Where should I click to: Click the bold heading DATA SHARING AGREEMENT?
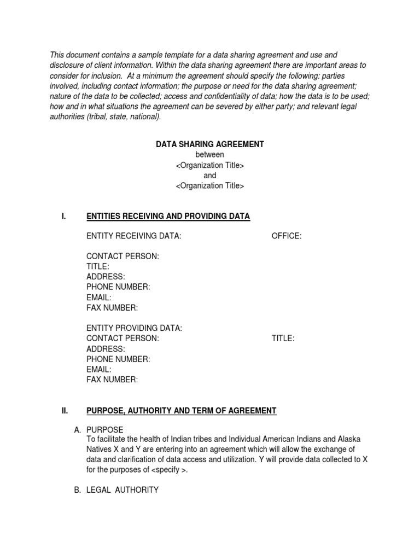click(x=210, y=144)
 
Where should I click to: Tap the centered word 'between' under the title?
click(x=210, y=155)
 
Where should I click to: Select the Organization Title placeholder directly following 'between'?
click(x=210, y=165)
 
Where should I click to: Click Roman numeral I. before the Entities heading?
click(x=64, y=217)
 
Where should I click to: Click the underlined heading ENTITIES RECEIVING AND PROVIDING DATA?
click(x=168, y=217)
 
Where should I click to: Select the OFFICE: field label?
click(x=287, y=236)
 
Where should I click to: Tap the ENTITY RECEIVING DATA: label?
click(x=134, y=236)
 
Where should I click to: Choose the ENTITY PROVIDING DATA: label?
click(x=134, y=328)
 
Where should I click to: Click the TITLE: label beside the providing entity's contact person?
click(x=283, y=339)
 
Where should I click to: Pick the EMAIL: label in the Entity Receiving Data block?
click(x=99, y=297)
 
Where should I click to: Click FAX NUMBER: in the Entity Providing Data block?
click(x=112, y=380)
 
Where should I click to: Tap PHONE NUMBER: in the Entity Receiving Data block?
click(x=118, y=287)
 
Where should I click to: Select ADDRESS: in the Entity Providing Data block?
click(x=106, y=349)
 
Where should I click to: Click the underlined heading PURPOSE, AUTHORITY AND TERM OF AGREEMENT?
click(x=182, y=411)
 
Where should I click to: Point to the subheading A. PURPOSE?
click(x=98, y=430)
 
